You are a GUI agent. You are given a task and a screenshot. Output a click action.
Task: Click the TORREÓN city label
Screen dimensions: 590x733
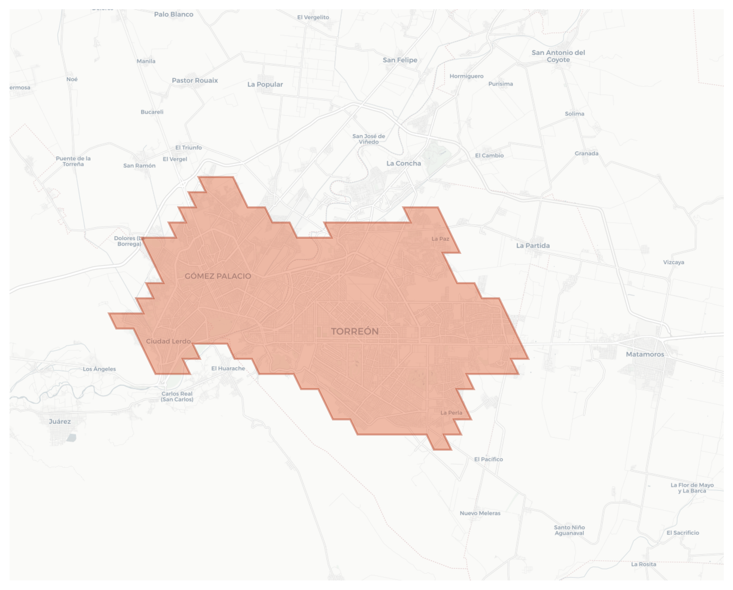[355, 331]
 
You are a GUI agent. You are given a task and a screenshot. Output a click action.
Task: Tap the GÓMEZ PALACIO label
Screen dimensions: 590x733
[217, 276]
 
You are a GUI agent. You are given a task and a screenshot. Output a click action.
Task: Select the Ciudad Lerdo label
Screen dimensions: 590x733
[168, 341]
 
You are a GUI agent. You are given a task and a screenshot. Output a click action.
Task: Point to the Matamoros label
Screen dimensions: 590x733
[645, 354]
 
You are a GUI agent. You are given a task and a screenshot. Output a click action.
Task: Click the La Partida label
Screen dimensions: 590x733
[533, 245]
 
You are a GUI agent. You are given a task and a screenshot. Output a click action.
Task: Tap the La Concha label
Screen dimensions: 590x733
[403, 163]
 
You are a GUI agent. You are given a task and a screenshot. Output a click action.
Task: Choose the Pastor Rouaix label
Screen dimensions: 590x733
[195, 81]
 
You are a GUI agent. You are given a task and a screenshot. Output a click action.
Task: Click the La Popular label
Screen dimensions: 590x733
[265, 84]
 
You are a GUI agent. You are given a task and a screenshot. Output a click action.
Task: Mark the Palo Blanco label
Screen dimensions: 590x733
[174, 14]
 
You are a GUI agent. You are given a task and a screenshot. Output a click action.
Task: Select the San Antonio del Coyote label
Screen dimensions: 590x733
[558, 56]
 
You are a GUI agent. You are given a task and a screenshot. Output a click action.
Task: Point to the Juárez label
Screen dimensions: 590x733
[60, 421]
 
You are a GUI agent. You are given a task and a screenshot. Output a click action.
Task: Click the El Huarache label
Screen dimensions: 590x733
[228, 368]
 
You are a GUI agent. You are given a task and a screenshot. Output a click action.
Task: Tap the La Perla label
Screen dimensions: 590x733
[451, 413]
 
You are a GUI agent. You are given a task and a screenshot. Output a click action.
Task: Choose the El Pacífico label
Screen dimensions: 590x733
[488, 459]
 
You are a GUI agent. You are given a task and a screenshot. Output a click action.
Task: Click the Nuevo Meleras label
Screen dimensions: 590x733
[480, 513]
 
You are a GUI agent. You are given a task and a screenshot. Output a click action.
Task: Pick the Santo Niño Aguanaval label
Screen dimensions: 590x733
[569, 530]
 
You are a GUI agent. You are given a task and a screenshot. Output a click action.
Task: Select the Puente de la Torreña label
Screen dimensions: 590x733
[73, 161]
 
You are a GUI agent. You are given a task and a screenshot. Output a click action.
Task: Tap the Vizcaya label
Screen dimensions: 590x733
[674, 262]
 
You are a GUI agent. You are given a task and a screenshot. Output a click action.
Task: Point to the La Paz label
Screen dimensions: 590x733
[440, 239]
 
